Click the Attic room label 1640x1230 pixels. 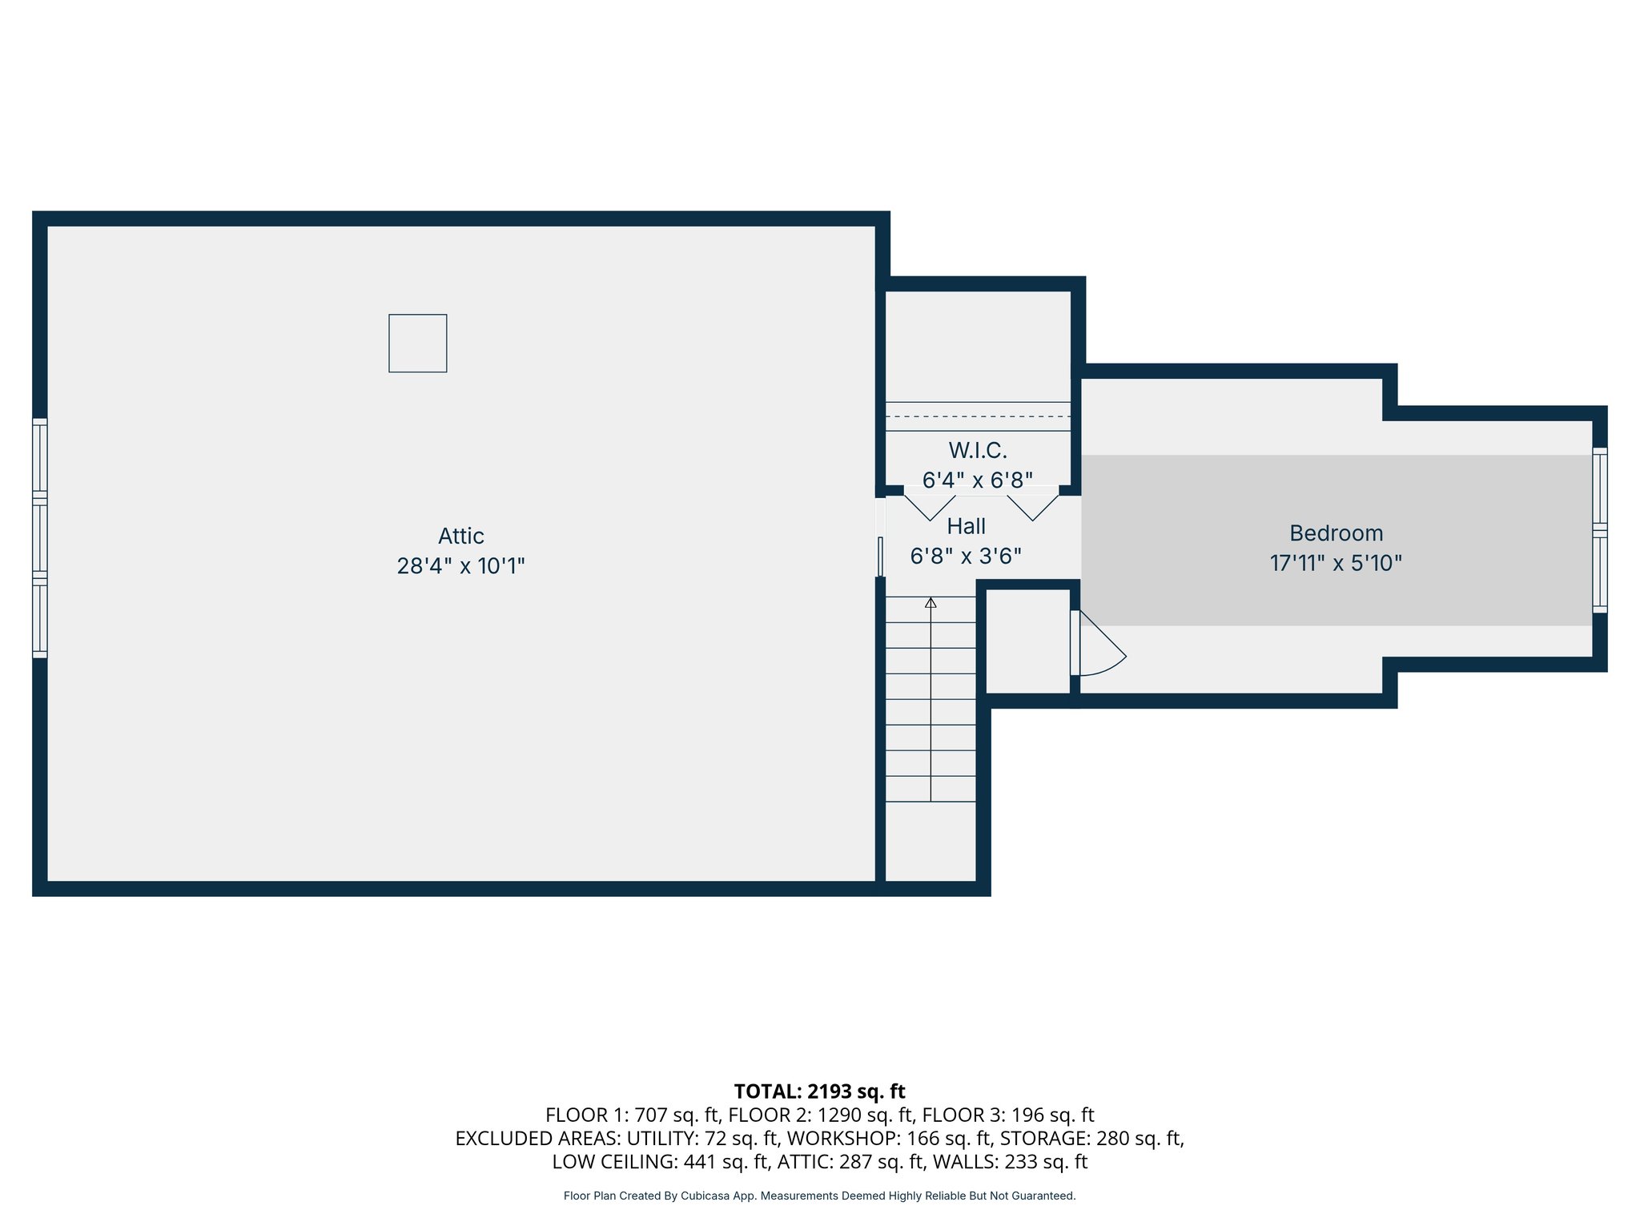(x=460, y=536)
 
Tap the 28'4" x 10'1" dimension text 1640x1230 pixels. (x=460, y=566)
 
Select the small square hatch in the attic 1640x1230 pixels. (x=417, y=343)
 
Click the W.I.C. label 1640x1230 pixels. (x=977, y=450)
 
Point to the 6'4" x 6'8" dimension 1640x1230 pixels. (x=977, y=480)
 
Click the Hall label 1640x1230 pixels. (x=966, y=526)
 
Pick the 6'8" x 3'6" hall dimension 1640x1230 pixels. (x=966, y=556)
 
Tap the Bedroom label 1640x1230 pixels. (x=1336, y=533)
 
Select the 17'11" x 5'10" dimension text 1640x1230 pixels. (x=1336, y=563)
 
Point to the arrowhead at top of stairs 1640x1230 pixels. (x=931, y=602)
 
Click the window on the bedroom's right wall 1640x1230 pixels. (x=1599, y=530)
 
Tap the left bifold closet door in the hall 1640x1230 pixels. (x=930, y=508)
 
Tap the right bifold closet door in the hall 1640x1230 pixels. (x=1032, y=508)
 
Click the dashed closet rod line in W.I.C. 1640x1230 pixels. (x=977, y=416)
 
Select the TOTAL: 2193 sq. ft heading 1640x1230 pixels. (x=819, y=1091)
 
